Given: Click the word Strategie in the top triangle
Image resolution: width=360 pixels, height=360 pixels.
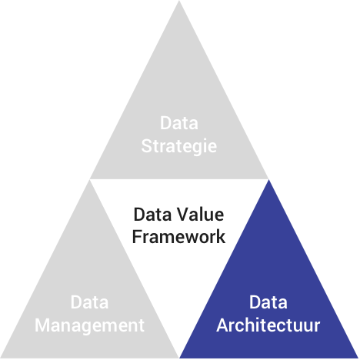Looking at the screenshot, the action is pos(179,147).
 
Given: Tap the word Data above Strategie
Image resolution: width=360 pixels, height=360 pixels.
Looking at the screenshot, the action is pos(179,123).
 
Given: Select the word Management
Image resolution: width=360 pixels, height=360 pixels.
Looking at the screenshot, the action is pos(89,326).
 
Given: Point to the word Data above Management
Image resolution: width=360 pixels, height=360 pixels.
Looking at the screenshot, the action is pos(89,302).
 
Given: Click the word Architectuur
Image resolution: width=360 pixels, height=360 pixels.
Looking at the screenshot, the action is pos(268,325).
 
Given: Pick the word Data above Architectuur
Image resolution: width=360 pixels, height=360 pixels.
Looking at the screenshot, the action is pos(268,302).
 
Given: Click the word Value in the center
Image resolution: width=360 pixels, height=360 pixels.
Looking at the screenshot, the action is pos(200,215).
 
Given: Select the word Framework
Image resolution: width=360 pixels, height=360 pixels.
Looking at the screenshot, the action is pos(178,237).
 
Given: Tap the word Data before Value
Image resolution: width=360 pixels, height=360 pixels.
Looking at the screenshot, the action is pos(152,215).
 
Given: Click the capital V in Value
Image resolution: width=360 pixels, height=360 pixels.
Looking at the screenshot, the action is pos(183,215).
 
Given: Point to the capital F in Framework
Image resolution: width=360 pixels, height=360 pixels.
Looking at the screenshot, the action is pos(137,237).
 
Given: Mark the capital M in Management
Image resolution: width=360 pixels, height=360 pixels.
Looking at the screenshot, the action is pos(42,325).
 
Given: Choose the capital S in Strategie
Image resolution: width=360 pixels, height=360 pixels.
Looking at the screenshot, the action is pos(147,146).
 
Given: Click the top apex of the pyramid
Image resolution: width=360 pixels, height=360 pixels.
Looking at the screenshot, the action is pos(179,1).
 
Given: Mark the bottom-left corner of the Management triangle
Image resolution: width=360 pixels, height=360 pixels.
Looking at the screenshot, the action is pos(1,358).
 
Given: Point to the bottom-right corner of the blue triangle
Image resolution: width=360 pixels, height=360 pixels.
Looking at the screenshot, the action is pos(358,358).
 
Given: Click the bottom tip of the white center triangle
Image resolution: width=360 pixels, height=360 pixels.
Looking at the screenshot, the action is pos(179,357).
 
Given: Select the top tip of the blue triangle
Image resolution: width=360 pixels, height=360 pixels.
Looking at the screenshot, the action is pos(268,180).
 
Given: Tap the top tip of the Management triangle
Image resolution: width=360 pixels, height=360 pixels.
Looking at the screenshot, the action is pos(89,180).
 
